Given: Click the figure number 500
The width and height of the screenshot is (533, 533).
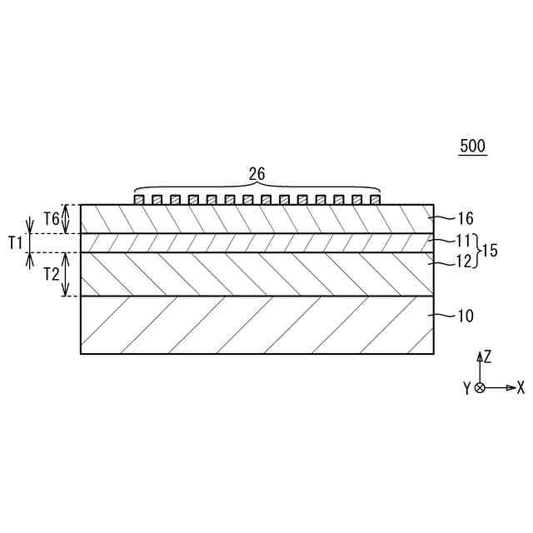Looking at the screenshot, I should (x=472, y=147).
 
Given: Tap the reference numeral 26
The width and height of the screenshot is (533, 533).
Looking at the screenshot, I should (x=257, y=174).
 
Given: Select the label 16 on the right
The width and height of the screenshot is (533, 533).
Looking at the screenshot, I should (x=466, y=218).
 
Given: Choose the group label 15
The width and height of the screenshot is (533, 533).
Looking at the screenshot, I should (x=491, y=251).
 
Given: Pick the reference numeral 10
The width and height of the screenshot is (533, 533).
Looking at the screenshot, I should (x=466, y=316).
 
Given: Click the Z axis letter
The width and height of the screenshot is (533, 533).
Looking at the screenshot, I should (x=488, y=356).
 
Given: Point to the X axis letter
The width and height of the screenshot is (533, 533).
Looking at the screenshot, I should (x=521, y=388).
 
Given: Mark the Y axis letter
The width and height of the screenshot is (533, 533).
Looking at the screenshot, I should (x=467, y=388).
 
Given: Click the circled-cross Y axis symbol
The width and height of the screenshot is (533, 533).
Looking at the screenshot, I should (x=480, y=388).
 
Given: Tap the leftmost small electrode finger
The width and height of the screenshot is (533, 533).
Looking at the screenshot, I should (x=139, y=200).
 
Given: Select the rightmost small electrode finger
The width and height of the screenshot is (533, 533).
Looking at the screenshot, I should (x=375, y=200).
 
